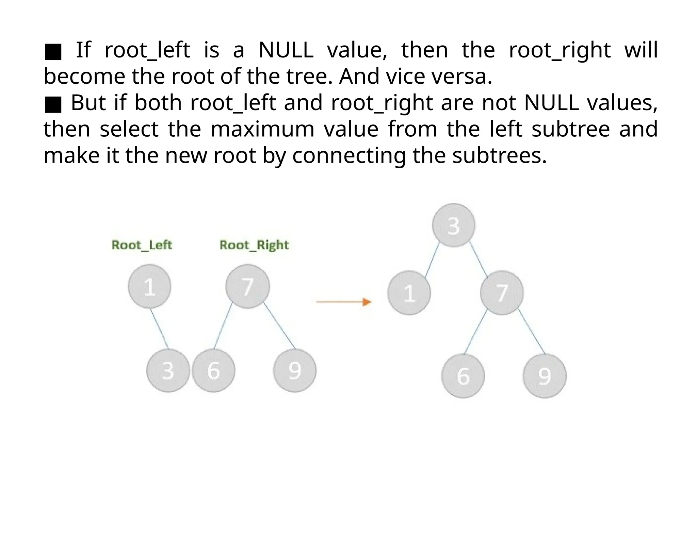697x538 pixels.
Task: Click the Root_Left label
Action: pos(142,245)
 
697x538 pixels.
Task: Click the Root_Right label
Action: pos(254,245)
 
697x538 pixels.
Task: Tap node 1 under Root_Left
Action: pos(150,287)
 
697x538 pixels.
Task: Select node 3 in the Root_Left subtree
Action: pos(168,370)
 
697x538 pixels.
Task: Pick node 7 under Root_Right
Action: pos(247,287)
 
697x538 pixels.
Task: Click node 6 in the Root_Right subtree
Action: pos(213,370)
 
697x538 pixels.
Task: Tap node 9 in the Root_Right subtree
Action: pos(295,370)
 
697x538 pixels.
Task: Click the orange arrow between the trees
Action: pos(344,302)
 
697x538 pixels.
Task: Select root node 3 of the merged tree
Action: pos(454,225)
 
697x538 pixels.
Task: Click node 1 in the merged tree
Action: pos(409,293)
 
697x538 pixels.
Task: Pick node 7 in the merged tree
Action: pos(502,293)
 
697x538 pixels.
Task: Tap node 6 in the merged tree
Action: pos(463,376)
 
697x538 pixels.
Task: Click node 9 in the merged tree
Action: pos(545,376)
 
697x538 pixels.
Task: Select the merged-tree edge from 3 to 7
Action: pos(479,258)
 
